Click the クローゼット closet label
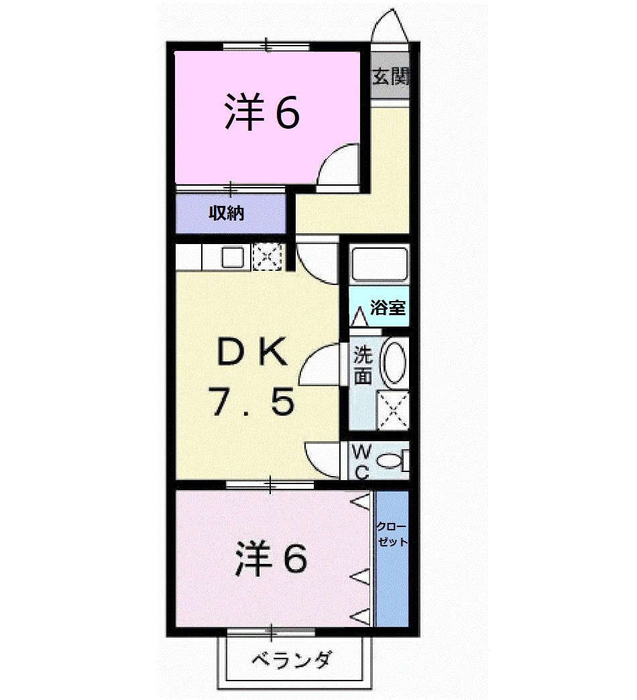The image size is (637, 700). click(x=391, y=534)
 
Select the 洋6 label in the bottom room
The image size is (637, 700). click(x=271, y=558)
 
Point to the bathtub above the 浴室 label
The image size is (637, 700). click(x=380, y=264)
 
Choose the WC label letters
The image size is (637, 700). click(x=361, y=460)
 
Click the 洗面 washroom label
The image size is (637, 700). click(x=363, y=365)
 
